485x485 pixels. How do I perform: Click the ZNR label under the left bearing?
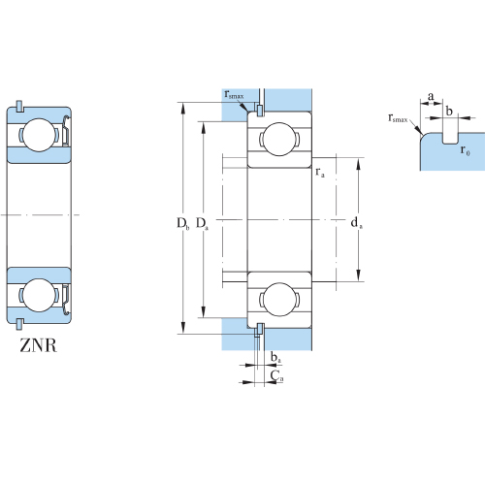(x=38, y=345)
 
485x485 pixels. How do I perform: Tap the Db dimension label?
(x=182, y=224)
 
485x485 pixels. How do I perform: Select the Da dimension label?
(x=203, y=224)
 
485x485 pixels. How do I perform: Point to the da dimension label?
(x=357, y=223)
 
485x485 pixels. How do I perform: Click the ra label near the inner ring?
(x=320, y=173)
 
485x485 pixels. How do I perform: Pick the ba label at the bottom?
(x=275, y=357)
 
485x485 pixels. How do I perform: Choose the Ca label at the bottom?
(x=276, y=375)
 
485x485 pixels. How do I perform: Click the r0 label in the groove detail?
(x=465, y=150)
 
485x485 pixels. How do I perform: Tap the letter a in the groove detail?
(x=431, y=96)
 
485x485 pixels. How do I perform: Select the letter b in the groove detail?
(x=449, y=111)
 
